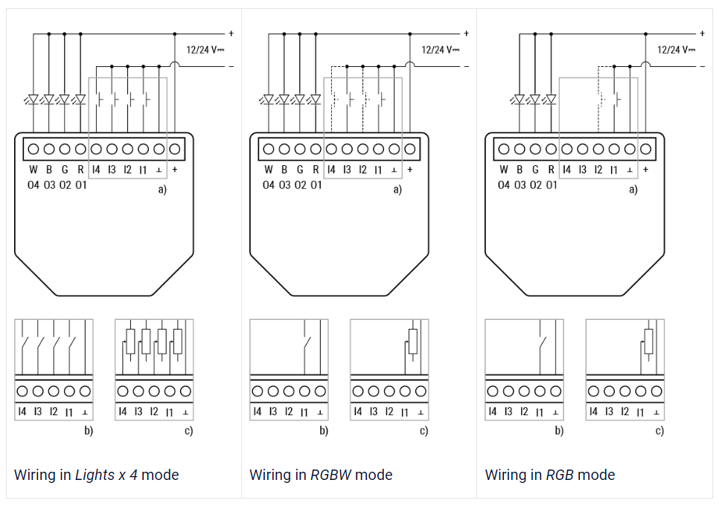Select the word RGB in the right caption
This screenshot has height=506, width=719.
click(x=560, y=475)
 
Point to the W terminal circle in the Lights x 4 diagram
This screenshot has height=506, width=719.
click(x=33, y=149)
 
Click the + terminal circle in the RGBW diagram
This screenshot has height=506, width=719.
click(x=410, y=149)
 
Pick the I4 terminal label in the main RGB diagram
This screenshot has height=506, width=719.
click(x=566, y=170)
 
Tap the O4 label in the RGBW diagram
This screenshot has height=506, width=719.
click(x=268, y=185)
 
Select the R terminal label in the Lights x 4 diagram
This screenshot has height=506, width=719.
click(x=80, y=170)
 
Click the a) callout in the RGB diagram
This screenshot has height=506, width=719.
click(x=633, y=189)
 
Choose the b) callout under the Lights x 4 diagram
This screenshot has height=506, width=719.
click(x=89, y=430)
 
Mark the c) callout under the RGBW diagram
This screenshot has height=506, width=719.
click(x=424, y=430)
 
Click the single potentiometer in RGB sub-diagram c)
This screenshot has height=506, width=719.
click(x=648, y=342)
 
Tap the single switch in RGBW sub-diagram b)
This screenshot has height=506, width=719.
click(x=307, y=343)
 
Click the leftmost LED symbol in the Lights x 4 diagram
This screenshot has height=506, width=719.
click(x=33, y=99)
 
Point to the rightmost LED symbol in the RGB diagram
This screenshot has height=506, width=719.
click(x=551, y=99)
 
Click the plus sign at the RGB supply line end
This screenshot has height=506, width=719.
click(x=702, y=33)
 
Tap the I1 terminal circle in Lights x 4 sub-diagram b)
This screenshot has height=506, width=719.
click(x=69, y=391)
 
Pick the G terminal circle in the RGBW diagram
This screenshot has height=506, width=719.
click(x=300, y=149)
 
